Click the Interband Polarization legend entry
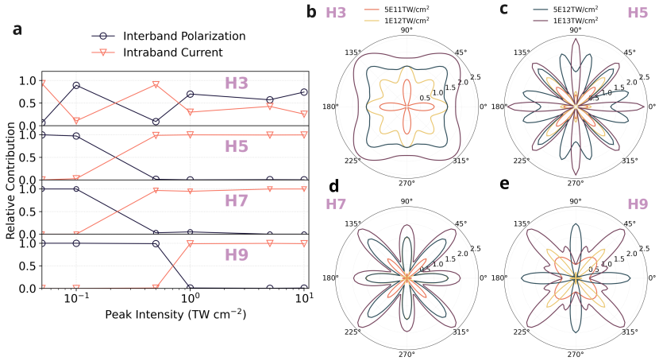point(183,37)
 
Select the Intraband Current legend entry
point(172,52)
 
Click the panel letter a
point(17,30)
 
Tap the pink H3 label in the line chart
point(237,83)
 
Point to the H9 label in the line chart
point(237,256)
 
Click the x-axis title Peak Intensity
point(175,314)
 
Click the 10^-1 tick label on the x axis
point(76,297)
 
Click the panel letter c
point(503,10)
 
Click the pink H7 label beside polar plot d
point(337,205)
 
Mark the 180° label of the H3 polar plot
point(330,107)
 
